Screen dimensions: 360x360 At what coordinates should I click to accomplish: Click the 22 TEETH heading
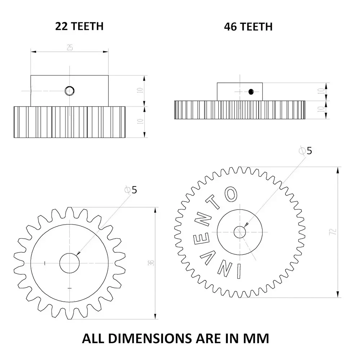click(79, 26)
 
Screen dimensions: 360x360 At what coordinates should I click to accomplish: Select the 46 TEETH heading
click(248, 26)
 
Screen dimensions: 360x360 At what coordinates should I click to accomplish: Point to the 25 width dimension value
click(69, 48)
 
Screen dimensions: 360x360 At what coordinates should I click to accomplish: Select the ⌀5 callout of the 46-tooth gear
click(306, 150)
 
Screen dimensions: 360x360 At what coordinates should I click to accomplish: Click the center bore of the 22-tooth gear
click(69, 263)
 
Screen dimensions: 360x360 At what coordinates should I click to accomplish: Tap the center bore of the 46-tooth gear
click(240, 232)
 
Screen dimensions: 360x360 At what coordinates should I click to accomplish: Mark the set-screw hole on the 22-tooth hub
click(69, 91)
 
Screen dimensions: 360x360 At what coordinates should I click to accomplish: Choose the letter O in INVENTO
click(230, 195)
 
